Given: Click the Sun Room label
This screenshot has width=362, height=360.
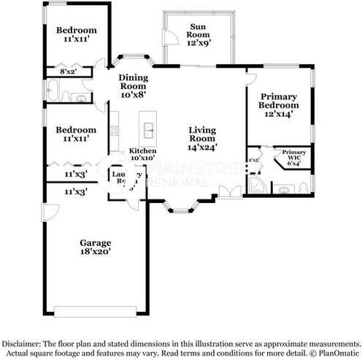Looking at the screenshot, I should (x=197, y=31).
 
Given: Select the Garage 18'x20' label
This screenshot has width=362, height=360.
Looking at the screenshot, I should (x=96, y=246).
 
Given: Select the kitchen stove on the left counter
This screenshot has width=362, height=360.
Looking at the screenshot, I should (x=113, y=131).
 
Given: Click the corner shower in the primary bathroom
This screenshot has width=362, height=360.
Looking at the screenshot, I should (x=257, y=185).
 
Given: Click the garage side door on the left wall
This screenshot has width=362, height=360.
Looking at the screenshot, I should (x=47, y=213).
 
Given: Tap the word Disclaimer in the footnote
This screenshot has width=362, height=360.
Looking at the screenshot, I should (x=24, y=343).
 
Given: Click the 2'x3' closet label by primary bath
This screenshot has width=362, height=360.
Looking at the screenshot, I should (x=254, y=159).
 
